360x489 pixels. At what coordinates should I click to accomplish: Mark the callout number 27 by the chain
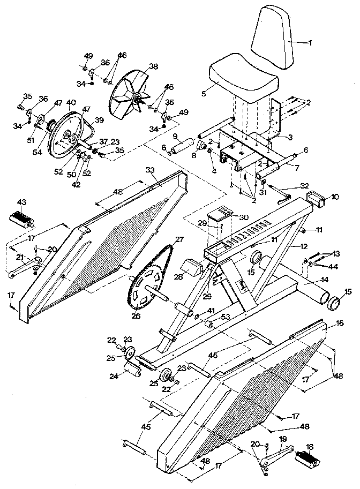coord(179,239)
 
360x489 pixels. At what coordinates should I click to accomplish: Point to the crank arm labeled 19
coord(276,453)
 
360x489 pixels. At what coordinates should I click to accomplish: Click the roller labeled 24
coord(132,370)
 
